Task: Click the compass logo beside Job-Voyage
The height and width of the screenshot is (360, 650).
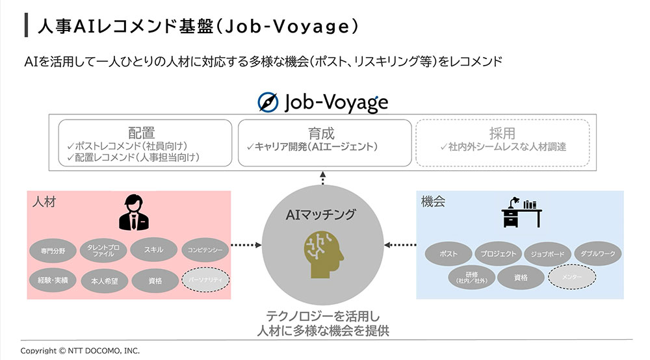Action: pyautogui.click(x=268, y=102)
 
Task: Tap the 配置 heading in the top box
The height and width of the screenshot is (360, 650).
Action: pyautogui.click(x=142, y=133)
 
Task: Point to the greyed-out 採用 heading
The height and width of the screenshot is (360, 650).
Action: pyautogui.click(x=502, y=133)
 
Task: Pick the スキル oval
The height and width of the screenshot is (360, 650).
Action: pyautogui.click(x=155, y=250)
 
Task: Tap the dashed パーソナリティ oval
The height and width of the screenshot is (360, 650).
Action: pyautogui.click(x=205, y=279)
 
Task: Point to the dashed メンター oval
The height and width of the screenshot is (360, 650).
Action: pyautogui.click(x=572, y=277)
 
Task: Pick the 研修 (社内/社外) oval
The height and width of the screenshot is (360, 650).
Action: pyautogui.click(x=471, y=277)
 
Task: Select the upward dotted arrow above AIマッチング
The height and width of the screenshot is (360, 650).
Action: pyautogui.click(x=323, y=178)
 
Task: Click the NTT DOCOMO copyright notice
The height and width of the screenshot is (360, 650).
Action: pyautogui.click(x=80, y=350)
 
